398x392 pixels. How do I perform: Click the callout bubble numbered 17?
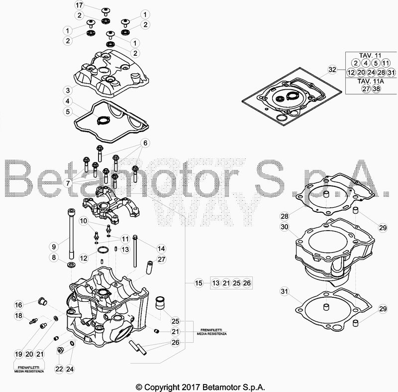(x=79, y=5)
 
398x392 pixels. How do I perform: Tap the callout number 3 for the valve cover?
(x=68, y=90)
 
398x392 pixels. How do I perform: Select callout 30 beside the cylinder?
(x=285, y=226)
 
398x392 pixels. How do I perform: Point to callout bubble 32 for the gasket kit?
(x=332, y=70)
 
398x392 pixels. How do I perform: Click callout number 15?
(x=199, y=283)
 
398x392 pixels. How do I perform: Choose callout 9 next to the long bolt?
(x=54, y=247)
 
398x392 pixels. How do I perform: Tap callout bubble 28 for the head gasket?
(x=285, y=216)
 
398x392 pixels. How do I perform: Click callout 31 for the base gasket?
(x=285, y=291)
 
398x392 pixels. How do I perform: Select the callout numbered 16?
(x=18, y=305)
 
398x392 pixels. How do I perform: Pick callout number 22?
(x=59, y=369)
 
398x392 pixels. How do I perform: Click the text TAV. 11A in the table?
(x=371, y=81)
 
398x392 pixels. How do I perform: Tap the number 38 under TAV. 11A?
(x=376, y=89)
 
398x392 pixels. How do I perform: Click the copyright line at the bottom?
(x=200, y=387)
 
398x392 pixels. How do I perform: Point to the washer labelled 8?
(x=72, y=264)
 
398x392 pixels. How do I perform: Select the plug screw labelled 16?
(x=42, y=301)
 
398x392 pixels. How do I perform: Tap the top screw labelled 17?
(x=105, y=12)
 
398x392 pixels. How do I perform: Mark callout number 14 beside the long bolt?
(x=161, y=249)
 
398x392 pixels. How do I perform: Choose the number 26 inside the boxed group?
(x=247, y=283)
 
